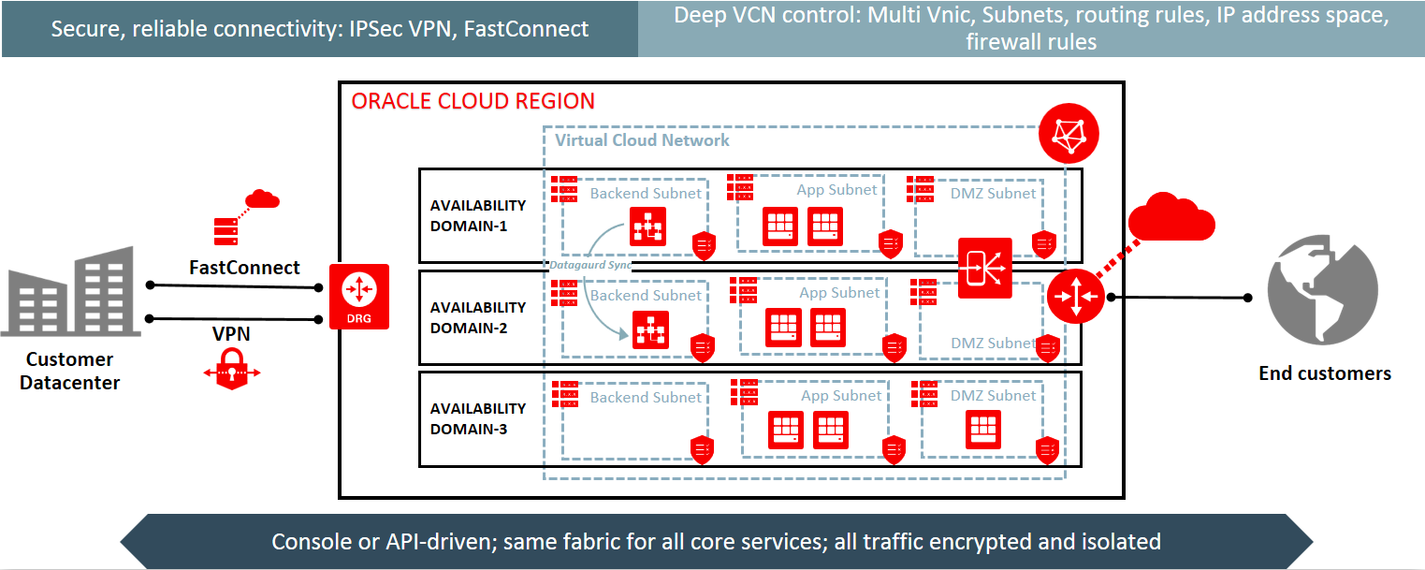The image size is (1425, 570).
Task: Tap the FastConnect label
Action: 244,268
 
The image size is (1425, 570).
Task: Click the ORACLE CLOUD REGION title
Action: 473,101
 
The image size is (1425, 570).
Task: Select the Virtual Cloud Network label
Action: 642,140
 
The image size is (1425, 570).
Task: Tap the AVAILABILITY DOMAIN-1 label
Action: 477,215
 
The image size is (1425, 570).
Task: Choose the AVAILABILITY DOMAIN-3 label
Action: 477,418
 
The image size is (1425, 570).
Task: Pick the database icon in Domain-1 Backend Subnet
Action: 647,227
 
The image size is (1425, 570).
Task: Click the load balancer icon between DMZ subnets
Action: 984,268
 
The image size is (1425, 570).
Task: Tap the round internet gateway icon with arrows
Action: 1075,297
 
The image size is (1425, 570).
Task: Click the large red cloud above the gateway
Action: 1171,218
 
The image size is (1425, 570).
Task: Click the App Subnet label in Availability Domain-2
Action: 839,293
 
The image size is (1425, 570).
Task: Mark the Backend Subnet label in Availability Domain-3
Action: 646,398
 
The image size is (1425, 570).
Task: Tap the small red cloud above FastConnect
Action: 262,197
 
